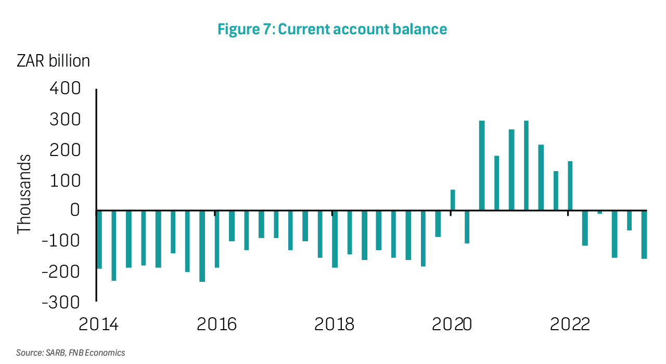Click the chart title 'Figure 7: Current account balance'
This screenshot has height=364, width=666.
pyautogui.click(x=332, y=29)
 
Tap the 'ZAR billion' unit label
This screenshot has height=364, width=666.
pyautogui.click(x=53, y=61)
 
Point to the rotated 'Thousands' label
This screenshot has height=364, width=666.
pyautogui.click(x=24, y=194)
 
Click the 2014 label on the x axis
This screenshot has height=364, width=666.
pyautogui.click(x=99, y=324)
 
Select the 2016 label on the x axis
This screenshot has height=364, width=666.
pyautogui.click(x=216, y=324)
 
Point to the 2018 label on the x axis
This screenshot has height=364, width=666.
pyautogui.click(x=335, y=324)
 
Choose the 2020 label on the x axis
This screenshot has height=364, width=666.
pyautogui.click(x=452, y=324)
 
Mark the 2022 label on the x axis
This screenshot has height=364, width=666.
pyautogui.click(x=570, y=324)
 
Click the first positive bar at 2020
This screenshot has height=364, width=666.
pyautogui.click(x=453, y=200)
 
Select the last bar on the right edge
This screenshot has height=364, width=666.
pyautogui.click(x=644, y=235)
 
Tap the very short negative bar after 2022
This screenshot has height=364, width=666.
pyautogui.click(x=600, y=212)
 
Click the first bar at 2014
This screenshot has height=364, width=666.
pyautogui.click(x=99, y=239)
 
